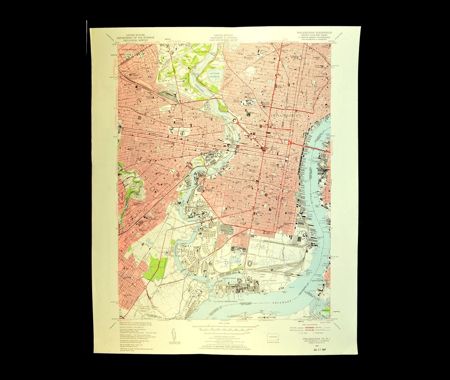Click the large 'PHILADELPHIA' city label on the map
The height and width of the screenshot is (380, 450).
[285, 113]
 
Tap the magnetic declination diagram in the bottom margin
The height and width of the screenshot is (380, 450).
[173, 334]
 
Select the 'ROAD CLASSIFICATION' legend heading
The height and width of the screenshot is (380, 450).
[308, 324]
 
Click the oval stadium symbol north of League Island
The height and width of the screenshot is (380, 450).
[250, 263]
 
